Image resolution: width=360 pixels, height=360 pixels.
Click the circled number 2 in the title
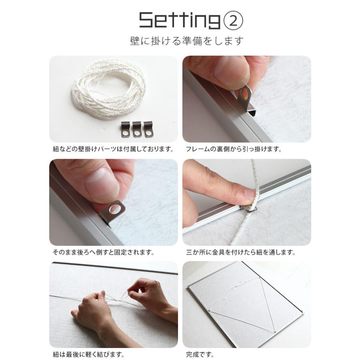(233, 21)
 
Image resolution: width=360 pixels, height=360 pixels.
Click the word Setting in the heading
(180, 20)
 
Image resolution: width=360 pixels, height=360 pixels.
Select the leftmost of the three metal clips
(125, 129)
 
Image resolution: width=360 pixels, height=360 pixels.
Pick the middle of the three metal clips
(137, 129)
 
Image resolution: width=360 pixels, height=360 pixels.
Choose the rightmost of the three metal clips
(148, 129)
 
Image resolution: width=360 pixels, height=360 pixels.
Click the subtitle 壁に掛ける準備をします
(187, 41)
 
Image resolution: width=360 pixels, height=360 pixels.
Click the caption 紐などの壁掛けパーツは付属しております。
(113, 149)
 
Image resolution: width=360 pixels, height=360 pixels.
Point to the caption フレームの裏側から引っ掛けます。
(234, 149)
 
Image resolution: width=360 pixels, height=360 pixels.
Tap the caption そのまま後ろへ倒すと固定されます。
(104, 252)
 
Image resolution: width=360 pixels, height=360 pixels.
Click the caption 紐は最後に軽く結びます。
(88, 354)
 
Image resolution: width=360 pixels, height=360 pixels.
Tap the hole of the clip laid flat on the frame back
(114, 209)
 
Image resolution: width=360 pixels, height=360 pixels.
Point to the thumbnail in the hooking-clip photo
(230, 69)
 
